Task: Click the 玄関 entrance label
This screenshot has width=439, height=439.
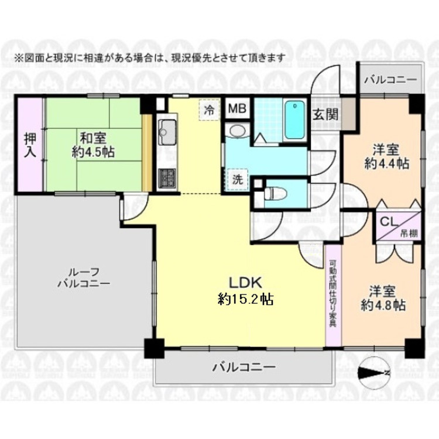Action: (325, 114)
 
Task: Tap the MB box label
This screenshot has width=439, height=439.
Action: (236, 109)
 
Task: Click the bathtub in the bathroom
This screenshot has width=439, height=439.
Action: (294, 120)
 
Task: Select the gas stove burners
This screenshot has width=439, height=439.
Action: (165, 176)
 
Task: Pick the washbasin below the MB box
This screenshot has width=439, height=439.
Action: (237, 130)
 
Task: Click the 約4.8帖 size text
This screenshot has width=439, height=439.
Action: (383, 304)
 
